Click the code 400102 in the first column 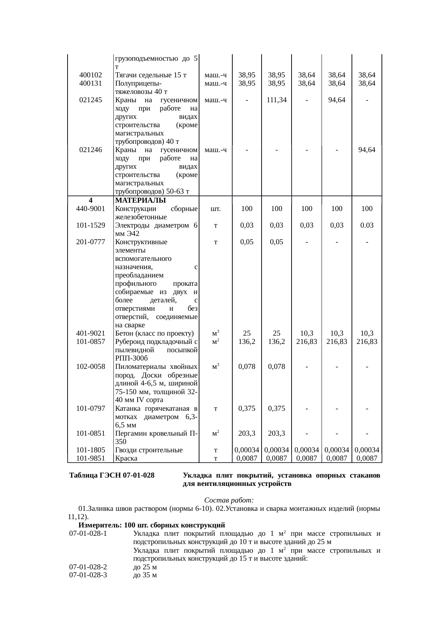pyautogui.click(x=90, y=75)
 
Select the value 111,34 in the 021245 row pyautogui.click(x=276, y=100)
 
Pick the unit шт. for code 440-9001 pyautogui.click(x=215, y=208)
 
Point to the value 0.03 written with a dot pyautogui.click(x=367, y=225)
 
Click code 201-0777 pyautogui.click(x=91, y=242)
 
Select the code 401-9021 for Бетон pyautogui.click(x=91, y=333)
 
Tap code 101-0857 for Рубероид pyautogui.click(x=91, y=341)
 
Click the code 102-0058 pyautogui.click(x=91, y=366)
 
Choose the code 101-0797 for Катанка pyautogui.click(x=91, y=408)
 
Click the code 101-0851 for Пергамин pyautogui.click(x=91, y=433)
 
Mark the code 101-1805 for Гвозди pyautogui.click(x=91, y=450)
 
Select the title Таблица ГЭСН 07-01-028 pyautogui.click(x=112, y=475)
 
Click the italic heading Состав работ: pyautogui.click(x=229, y=500)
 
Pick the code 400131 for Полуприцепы pyautogui.click(x=90, y=83)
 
